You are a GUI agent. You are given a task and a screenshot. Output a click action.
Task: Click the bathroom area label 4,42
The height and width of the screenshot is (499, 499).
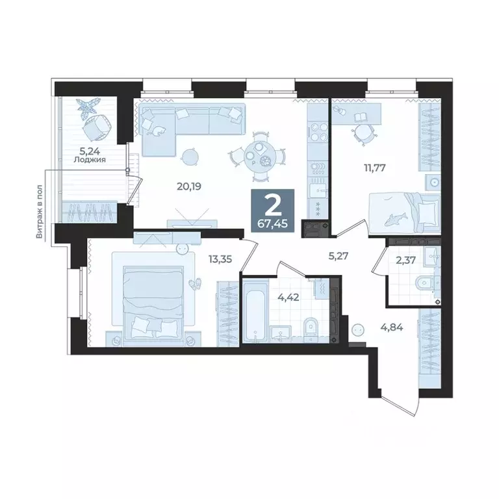tap(288, 299)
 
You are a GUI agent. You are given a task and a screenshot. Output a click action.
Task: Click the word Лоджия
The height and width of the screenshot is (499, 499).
tap(90, 159)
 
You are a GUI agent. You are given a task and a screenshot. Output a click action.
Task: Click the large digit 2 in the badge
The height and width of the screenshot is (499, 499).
tap(272, 204)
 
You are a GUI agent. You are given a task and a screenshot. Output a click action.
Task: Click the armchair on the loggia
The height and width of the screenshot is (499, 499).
tap(95, 127)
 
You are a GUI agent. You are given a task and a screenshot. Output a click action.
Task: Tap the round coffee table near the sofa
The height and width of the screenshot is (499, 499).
tap(190, 156)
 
